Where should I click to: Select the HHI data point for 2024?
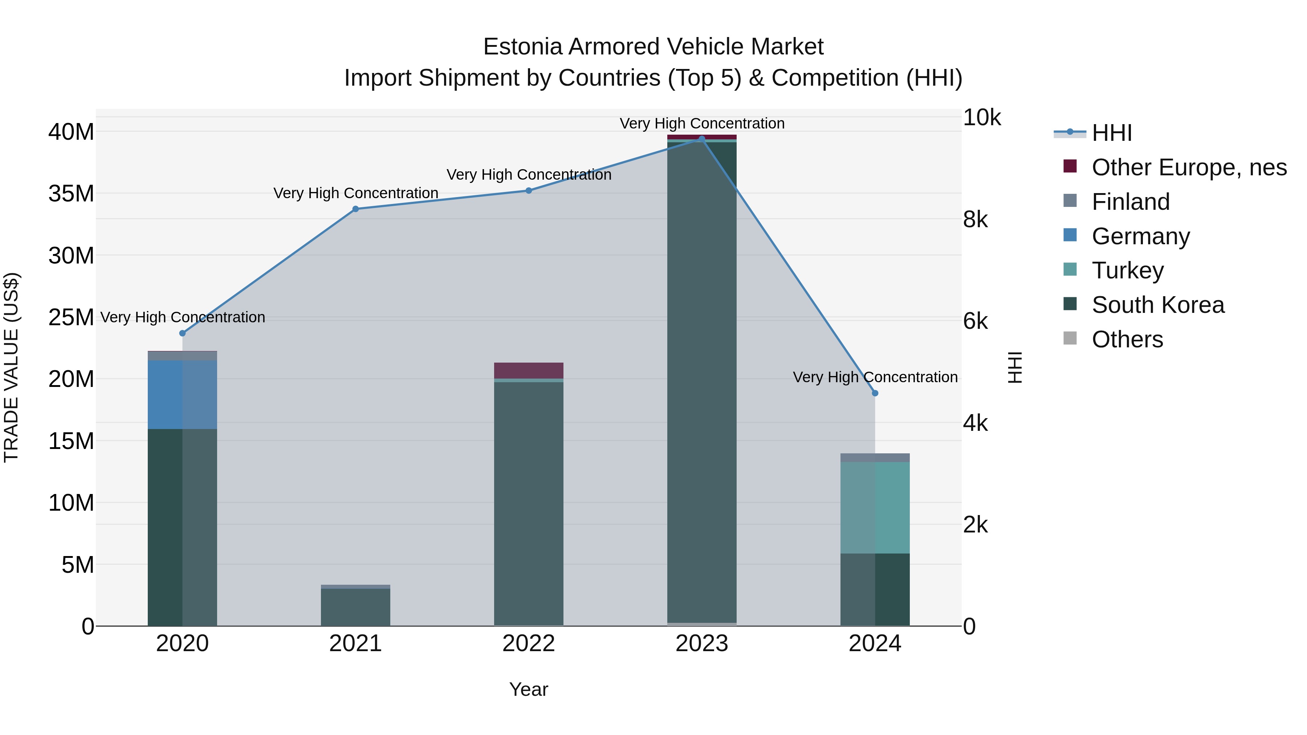coord(875,393)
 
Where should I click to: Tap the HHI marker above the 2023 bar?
coord(702,139)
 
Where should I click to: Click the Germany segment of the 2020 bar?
coord(182,395)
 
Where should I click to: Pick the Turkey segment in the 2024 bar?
coord(875,507)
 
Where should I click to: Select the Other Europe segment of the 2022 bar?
coord(529,370)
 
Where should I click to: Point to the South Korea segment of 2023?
coord(702,380)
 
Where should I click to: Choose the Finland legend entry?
coord(1131,202)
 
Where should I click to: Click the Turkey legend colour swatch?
coord(1070,269)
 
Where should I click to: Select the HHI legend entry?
coord(1111,133)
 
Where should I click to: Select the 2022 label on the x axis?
coord(529,644)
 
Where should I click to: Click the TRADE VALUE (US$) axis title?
coord(11,367)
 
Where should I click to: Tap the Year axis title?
coord(529,689)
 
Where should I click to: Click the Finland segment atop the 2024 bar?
coord(875,458)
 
